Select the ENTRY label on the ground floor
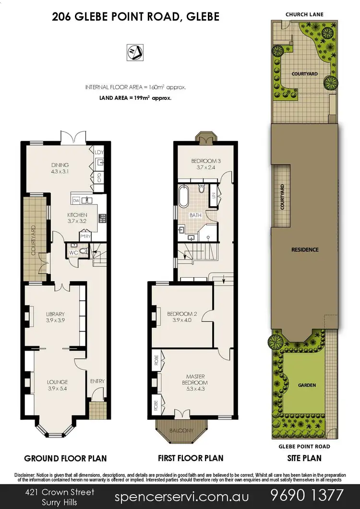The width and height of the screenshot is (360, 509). point(97,381)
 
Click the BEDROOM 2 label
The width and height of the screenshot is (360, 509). point(179,317)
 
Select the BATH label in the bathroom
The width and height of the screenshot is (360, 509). point(195,215)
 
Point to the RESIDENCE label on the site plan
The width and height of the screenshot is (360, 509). point(305,250)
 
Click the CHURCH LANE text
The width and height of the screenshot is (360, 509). point(304,15)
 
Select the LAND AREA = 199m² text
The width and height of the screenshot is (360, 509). point(135,97)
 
